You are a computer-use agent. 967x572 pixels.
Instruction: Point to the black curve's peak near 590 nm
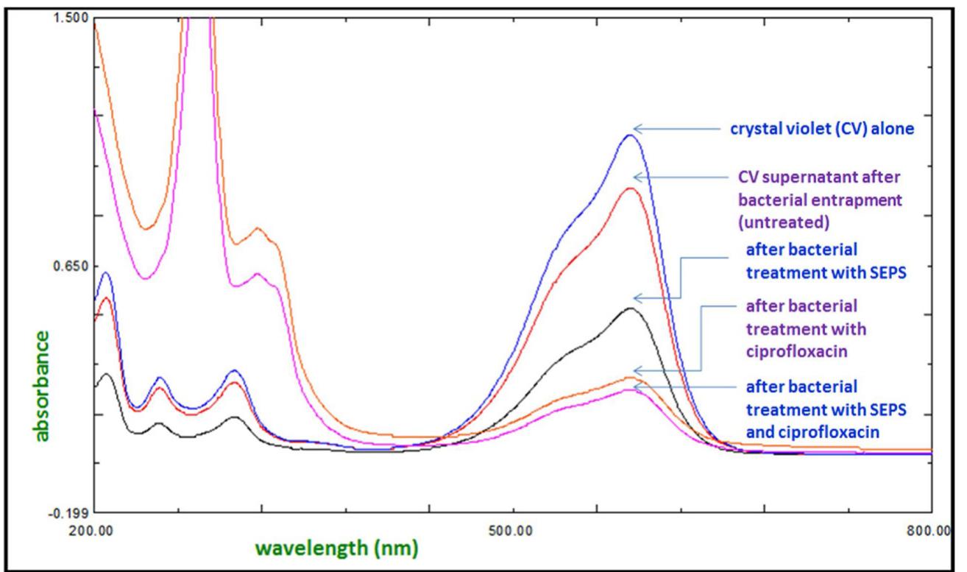coord(629,308)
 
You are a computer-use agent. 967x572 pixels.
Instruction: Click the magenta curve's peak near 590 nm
coord(629,389)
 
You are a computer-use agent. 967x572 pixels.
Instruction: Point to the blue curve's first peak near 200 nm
coord(106,273)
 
